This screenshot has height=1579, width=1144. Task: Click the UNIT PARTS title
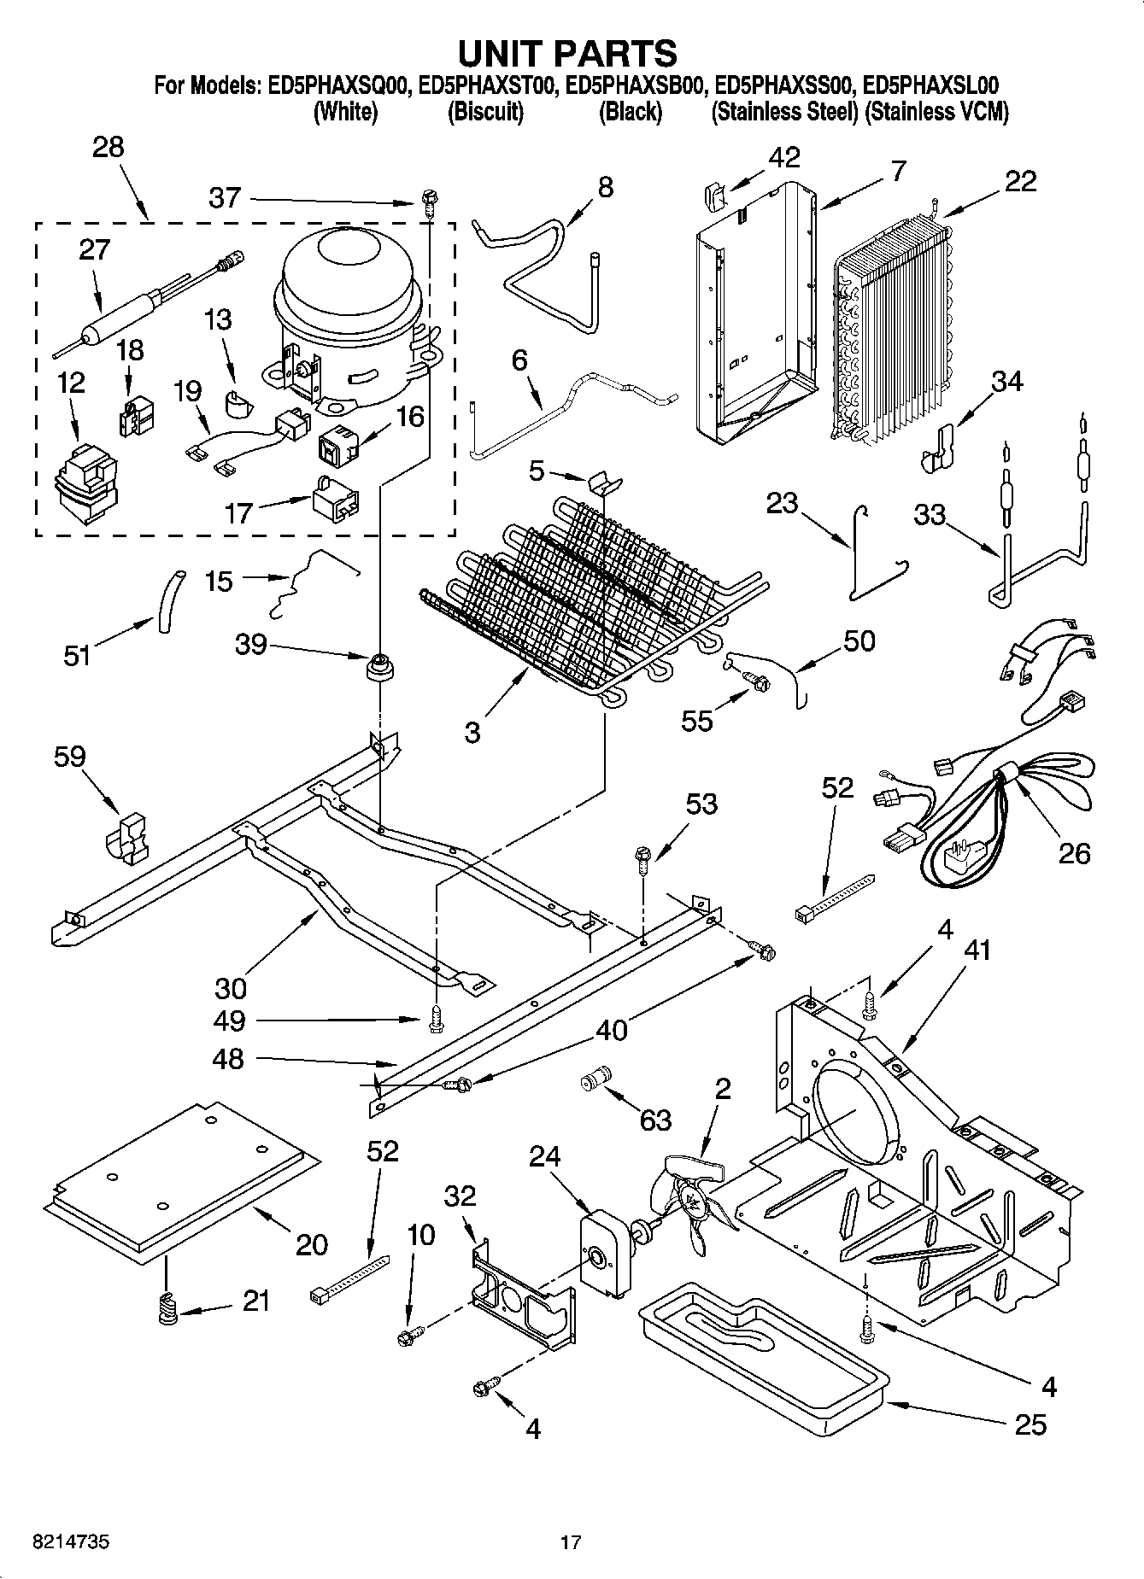coord(567,53)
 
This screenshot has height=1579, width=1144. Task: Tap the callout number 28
coord(109,147)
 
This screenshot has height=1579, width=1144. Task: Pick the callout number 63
coord(655,1120)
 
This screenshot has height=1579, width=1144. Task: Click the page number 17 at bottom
coord(571,1542)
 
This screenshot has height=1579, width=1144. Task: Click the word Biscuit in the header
coord(484,112)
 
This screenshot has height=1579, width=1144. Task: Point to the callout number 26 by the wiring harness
coord(1074,852)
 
